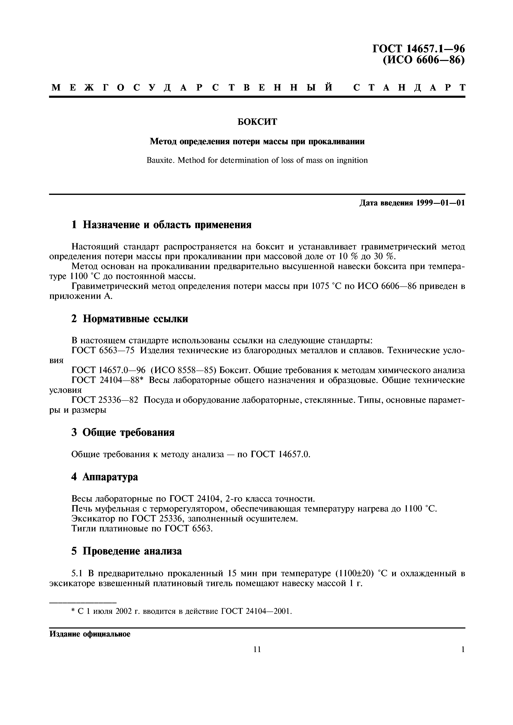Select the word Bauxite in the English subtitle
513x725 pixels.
160,160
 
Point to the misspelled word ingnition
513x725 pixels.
352,160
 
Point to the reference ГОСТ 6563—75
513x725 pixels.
103,351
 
